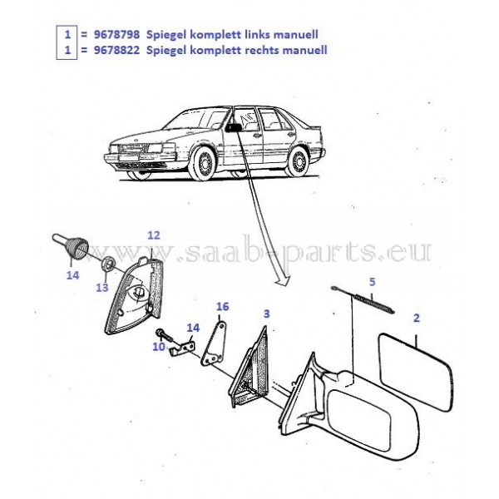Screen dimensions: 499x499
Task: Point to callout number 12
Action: pyautogui.click(x=153, y=235)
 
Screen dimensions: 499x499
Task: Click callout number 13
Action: pyautogui.click(x=101, y=287)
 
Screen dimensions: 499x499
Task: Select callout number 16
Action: pyautogui.click(x=222, y=306)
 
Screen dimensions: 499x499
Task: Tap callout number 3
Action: pyautogui.click(x=266, y=314)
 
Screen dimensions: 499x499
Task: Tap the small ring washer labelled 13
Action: pyautogui.click(x=108, y=264)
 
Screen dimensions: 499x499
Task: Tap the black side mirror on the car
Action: pyautogui.click(x=235, y=128)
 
